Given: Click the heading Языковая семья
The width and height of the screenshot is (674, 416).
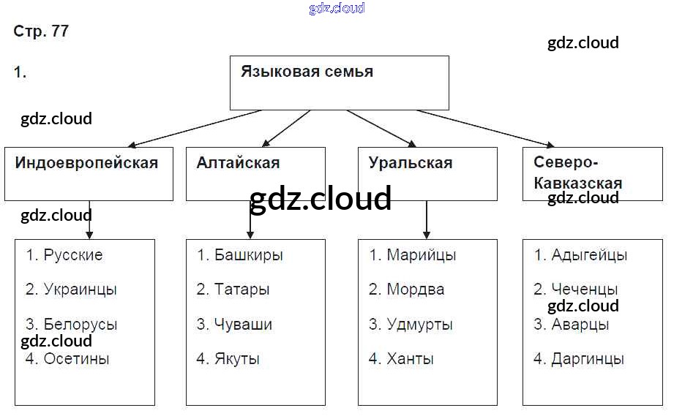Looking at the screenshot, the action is pos(307,72).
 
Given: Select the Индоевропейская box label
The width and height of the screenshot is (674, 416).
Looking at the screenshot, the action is pos(86,162).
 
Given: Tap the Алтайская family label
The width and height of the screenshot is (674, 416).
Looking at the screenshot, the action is pos(238,162).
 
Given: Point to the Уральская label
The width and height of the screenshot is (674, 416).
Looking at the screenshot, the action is pos(411,162).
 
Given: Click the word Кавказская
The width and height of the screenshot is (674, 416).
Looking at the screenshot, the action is pos(578,183).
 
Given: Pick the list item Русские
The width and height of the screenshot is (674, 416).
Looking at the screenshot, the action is pos(72,255).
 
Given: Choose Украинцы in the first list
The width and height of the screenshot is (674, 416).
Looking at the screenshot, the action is pos(80,290).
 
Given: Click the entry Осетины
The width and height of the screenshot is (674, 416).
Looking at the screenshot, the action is pos(76,359).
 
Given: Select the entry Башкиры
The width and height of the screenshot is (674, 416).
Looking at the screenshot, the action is pos(249,255).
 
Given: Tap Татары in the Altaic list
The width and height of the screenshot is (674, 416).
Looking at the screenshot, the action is pos(242,290).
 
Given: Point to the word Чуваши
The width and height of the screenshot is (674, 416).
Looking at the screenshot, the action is pos(244,324).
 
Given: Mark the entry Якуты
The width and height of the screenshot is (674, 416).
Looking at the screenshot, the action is pos(237,359).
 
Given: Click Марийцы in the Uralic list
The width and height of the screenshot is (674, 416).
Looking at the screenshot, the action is pos(422,255).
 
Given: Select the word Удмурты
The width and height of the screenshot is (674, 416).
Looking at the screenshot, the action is pos(419,324).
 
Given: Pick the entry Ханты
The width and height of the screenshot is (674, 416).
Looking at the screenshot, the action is pos(410,359).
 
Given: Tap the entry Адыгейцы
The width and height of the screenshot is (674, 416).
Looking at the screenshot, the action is pos(590,255).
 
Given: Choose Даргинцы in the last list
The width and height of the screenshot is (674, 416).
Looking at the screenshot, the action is pos(588,359).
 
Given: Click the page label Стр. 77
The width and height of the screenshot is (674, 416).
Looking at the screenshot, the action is pos(41,31).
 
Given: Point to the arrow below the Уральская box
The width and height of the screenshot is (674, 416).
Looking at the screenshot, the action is pos(427,219).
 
